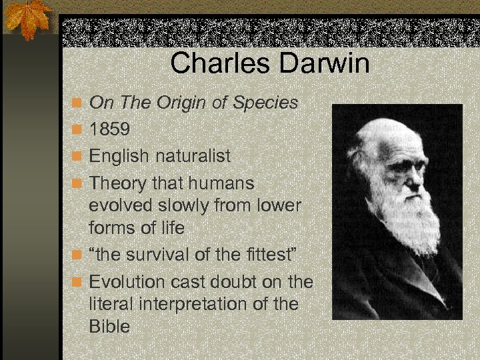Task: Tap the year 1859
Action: [110, 129]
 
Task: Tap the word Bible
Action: [109, 327]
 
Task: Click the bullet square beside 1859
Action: [78, 130]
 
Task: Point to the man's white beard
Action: [413, 220]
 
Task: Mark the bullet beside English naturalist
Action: [78, 157]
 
